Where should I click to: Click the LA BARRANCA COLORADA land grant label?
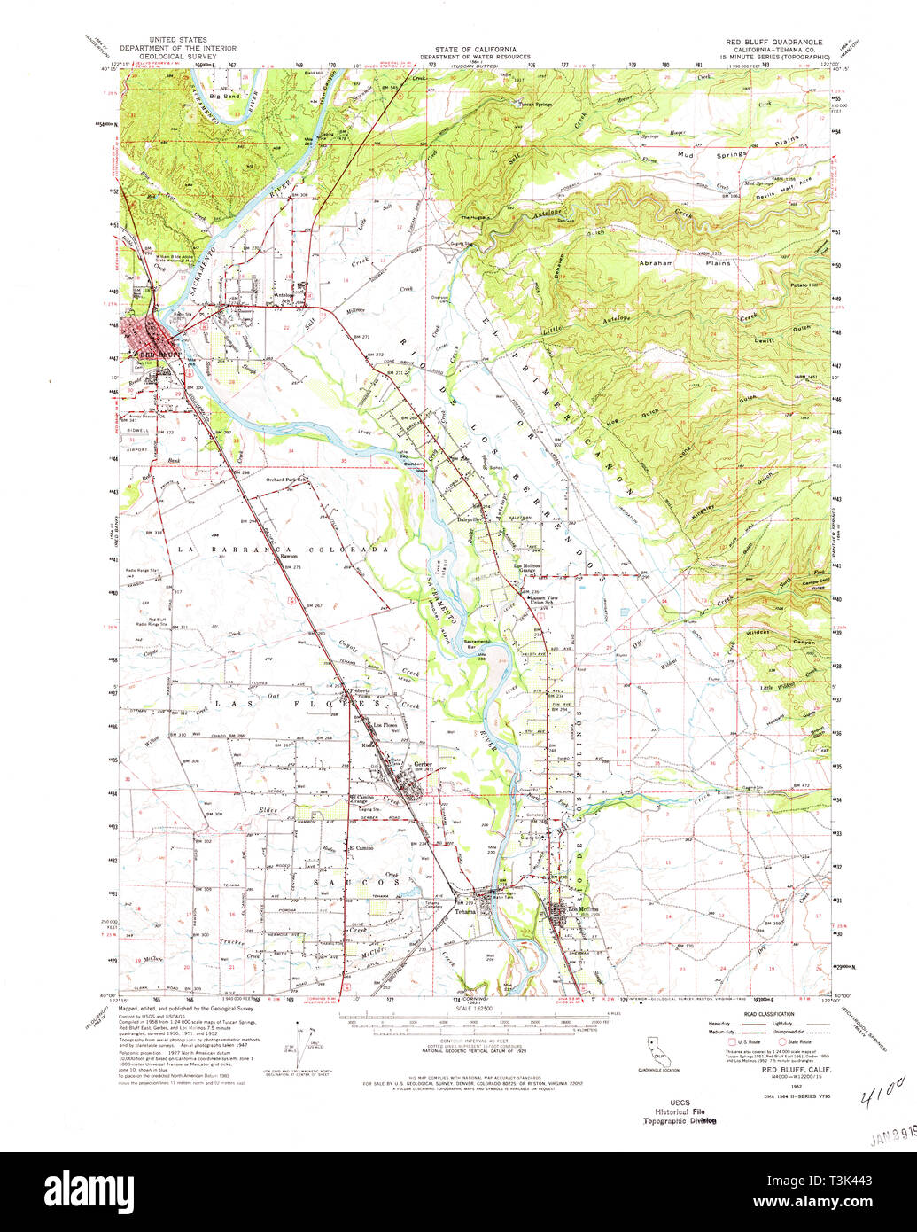(x=283, y=550)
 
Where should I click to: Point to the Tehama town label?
(x=466, y=910)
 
